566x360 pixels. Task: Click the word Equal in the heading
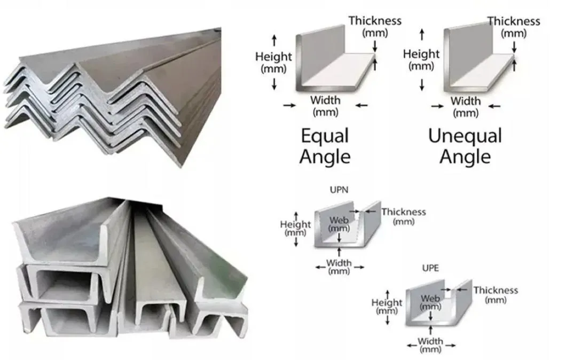point(325,137)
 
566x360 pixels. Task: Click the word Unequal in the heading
point(465,136)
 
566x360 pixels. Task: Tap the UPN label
point(339,190)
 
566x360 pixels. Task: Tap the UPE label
point(430,268)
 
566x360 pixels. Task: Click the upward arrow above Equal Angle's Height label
point(274,41)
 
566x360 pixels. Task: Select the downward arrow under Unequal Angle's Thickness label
point(514,46)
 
